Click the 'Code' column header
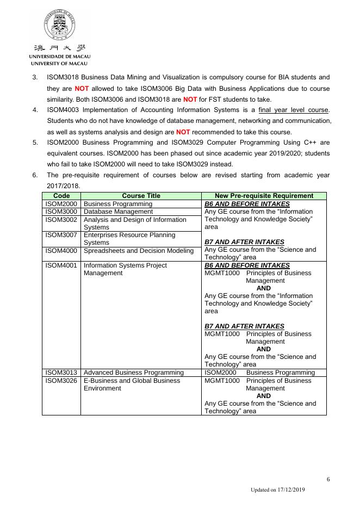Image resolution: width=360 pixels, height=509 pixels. tap(61, 196)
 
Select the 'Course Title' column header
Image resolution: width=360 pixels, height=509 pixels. tap(141, 196)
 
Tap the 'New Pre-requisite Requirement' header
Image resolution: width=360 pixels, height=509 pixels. tap(264, 196)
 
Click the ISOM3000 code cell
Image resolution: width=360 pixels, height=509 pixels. tap(61, 212)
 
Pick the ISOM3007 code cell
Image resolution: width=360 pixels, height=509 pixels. tap(61, 235)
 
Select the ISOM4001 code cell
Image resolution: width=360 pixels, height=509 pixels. tap(61, 265)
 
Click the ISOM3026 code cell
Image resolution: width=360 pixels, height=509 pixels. tap(61, 381)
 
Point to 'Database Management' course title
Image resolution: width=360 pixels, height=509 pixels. tap(118, 212)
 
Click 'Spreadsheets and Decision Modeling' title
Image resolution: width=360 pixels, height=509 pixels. tap(139, 251)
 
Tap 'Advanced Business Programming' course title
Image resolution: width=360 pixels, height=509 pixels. tap(134, 373)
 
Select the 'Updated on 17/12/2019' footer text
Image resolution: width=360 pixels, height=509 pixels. tap(278, 490)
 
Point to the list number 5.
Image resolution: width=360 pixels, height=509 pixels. tap(35, 142)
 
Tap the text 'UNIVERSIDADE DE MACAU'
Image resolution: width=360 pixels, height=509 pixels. tap(60, 57)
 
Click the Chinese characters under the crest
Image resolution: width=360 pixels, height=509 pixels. tap(60, 47)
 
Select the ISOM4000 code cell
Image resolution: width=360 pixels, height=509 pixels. tap(61, 251)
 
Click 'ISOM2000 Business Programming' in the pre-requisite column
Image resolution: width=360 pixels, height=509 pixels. tap(259, 373)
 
